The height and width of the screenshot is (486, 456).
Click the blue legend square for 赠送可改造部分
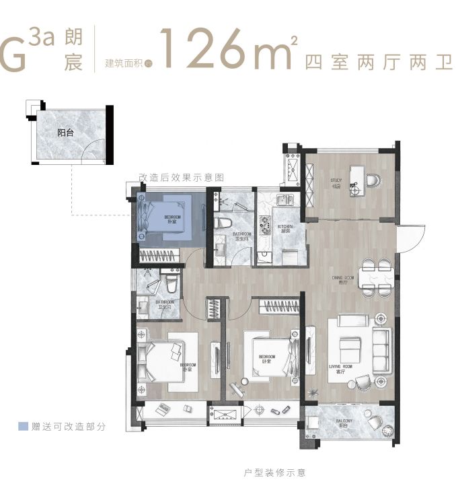23,426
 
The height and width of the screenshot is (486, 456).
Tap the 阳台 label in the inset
65,133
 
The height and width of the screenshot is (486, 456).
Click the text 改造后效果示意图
180,178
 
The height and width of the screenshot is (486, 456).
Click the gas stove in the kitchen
263,221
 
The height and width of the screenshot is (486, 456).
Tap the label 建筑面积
124,64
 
